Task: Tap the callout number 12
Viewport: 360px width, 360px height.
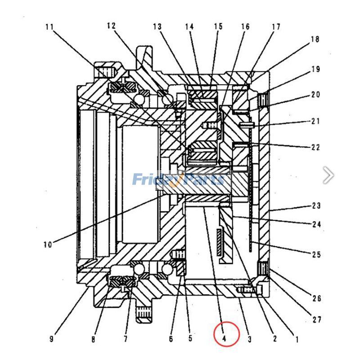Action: coord(111,26)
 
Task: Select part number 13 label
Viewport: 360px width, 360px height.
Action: coord(157,27)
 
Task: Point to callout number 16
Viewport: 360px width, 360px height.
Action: coord(245,27)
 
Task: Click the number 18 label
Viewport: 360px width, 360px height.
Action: coord(315,40)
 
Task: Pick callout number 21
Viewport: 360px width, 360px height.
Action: coord(315,121)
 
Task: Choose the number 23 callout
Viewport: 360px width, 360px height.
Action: coord(316,206)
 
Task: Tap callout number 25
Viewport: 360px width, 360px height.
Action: coord(316,255)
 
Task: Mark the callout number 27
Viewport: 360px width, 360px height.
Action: coord(316,320)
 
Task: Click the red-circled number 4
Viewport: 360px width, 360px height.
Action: coord(226,335)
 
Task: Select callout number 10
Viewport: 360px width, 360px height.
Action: coord(48,245)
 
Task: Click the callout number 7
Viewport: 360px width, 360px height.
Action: coord(126,339)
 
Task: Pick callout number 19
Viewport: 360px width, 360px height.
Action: coord(315,70)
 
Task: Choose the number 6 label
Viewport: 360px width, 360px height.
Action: coord(171,339)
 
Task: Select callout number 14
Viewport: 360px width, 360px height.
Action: coord(189,27)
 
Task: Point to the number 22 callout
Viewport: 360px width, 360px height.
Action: coord(315,147)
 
